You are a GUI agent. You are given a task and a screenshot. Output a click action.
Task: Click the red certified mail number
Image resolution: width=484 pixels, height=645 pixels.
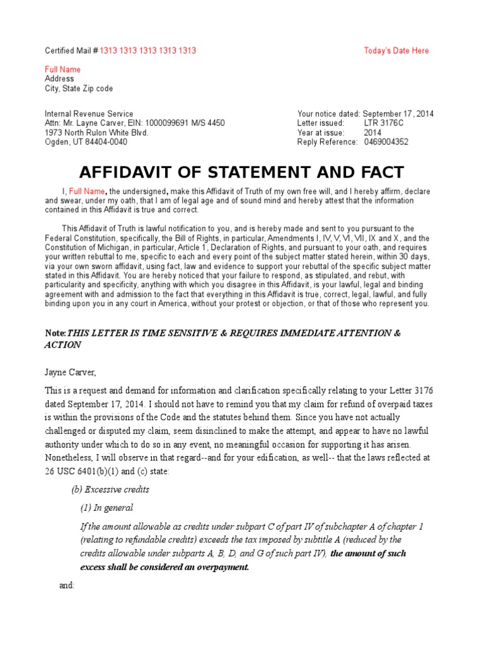[147, 51]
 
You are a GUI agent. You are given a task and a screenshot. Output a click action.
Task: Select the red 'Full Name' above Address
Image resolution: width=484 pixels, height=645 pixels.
[62, 69]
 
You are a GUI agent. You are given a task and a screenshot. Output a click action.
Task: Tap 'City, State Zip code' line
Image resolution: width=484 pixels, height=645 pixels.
[79, 89]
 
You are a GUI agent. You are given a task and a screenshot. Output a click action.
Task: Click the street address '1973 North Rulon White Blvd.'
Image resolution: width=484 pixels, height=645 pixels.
[96, 133]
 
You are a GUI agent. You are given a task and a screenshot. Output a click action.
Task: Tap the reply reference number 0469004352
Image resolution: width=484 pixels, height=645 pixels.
[386, 142]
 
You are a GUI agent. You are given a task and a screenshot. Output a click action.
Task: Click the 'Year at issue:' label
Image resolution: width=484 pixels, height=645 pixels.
[321, 133]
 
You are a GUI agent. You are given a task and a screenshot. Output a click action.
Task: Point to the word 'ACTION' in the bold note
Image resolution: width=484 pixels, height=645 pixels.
[63, 345]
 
